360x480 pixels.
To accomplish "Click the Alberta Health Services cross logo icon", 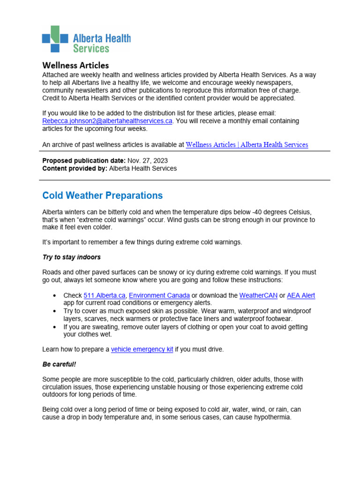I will (55, 39).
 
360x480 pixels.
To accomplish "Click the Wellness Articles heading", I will (75, 65).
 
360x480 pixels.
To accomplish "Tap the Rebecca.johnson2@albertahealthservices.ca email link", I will (107, 121).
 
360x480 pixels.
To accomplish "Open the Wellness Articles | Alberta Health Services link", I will (247, 145).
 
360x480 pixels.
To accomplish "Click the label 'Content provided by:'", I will (75, 168).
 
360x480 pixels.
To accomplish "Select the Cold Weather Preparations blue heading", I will (102, 195).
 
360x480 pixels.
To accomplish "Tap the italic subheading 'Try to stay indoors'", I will (71, 257).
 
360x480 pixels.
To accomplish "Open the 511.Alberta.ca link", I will (104, 295).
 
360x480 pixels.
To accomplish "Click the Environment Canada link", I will (159, 295).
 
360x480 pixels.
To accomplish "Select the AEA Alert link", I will (300, 295).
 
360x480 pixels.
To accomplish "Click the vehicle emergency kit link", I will (142, 349).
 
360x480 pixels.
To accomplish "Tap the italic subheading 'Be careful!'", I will (59, 364).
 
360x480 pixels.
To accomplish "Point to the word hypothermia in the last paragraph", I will (271, 417).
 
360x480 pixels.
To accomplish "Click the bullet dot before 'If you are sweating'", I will (55, 327).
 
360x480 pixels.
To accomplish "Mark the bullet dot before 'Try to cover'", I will (55, 311).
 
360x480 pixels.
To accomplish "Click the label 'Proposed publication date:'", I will (84, 160).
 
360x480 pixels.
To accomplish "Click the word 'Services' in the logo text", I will (91, 48).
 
